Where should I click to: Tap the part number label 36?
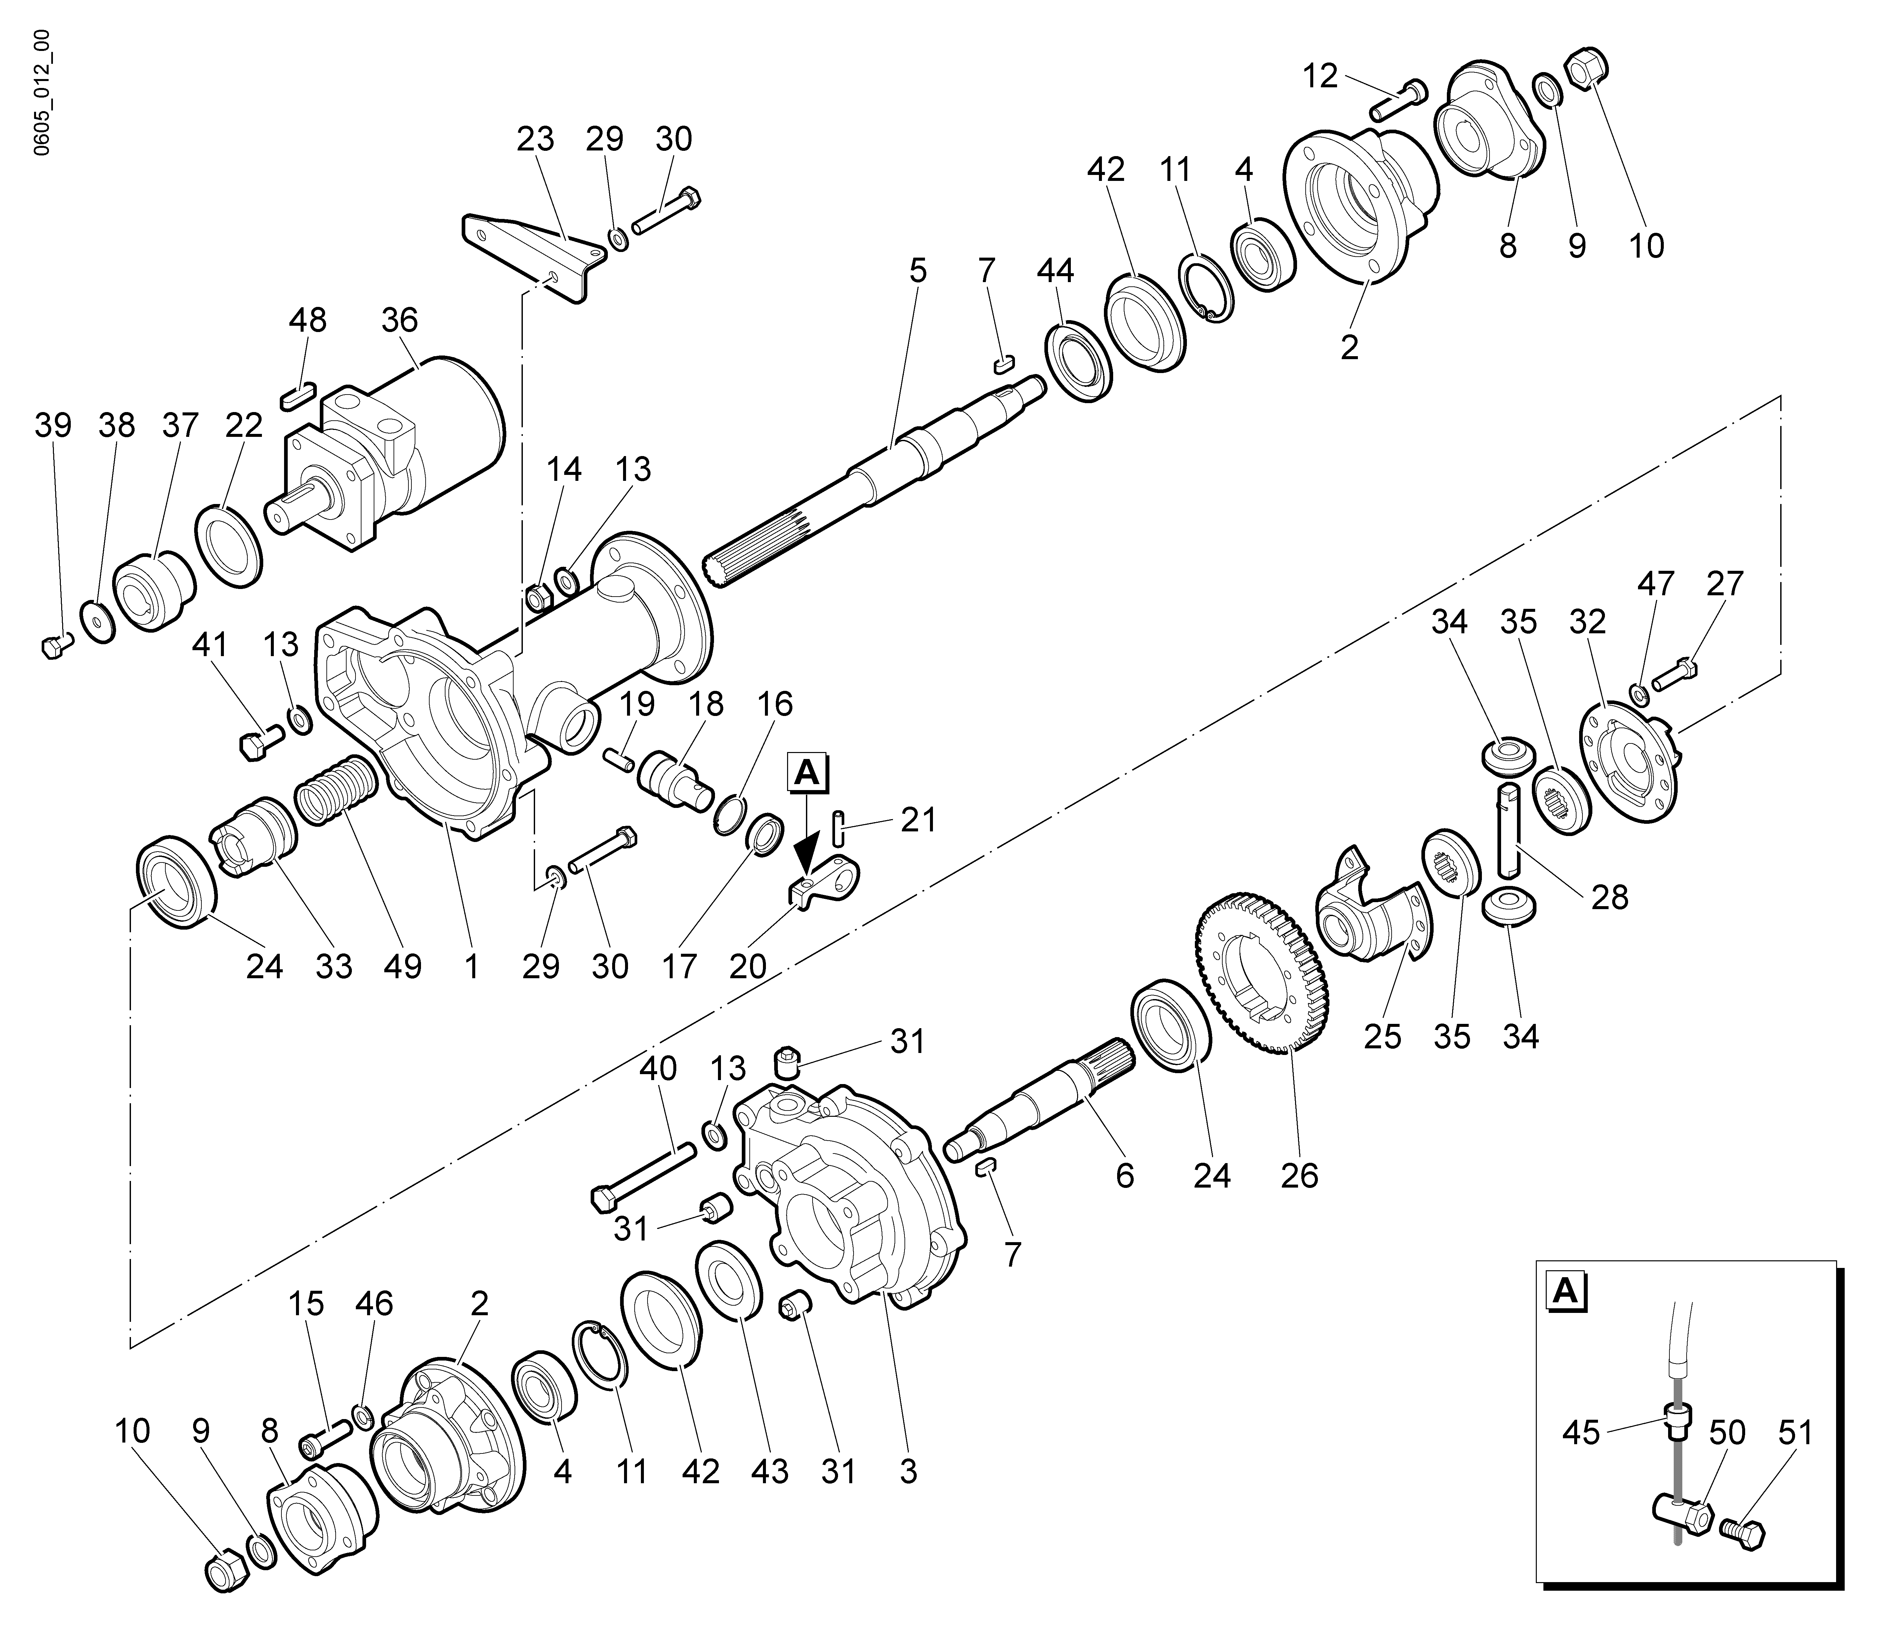(399, 321)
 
